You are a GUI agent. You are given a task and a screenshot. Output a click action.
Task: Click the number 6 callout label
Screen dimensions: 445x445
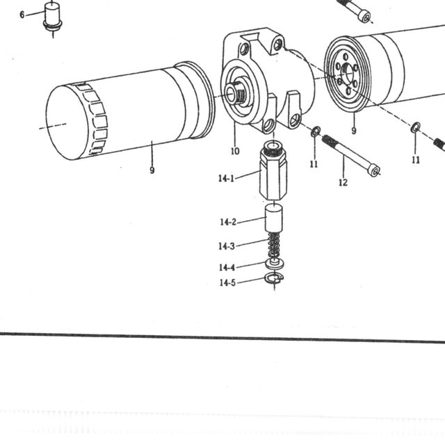pos(22,15)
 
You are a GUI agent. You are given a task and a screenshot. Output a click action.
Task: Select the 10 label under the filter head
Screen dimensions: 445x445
pos(235,152)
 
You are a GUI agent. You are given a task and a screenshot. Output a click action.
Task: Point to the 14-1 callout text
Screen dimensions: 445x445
pos(226,178)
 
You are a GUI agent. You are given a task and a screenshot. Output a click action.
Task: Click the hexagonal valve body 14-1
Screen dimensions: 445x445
pos(273,172)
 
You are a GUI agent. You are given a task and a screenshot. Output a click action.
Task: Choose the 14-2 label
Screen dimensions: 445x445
pos(228,222)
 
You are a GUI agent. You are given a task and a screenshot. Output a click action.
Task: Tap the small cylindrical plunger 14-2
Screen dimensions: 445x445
pos(274,218)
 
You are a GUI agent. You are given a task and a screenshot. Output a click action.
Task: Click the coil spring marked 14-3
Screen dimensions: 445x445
pos(274,245)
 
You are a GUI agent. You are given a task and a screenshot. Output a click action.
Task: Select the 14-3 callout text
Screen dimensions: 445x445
pos(227,245)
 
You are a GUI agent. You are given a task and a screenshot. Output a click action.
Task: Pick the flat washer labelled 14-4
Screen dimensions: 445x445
pos(275,263)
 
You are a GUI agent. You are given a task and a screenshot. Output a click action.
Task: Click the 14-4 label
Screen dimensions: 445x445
pos(227,267)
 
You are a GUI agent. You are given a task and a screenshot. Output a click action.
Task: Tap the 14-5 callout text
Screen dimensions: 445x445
pos(227,282)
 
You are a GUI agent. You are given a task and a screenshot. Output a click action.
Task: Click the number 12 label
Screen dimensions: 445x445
pos(343,182)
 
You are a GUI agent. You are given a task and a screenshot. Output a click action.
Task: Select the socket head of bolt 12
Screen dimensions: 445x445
pos(375,171)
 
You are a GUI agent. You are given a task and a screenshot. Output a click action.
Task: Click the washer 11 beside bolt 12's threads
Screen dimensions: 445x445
pos(315,131)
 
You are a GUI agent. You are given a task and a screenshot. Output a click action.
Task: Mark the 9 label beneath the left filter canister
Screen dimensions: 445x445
pos(152,170)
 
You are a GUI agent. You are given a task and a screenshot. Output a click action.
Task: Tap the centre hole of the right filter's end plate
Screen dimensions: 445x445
pos(348,72)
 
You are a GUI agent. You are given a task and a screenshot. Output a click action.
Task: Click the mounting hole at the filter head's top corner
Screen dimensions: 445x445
pos(277,44)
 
